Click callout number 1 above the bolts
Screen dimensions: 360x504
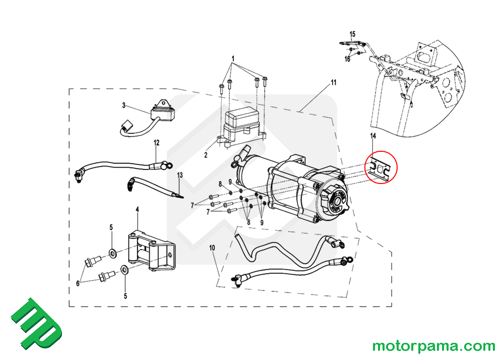pos(233,59)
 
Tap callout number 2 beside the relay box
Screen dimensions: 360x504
pos(206,155)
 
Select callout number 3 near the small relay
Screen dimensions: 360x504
pos(123,105)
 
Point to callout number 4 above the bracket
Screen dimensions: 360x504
pos(137,209)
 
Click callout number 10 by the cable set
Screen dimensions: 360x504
pos(212,248)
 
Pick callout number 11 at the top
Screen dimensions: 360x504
pos(333,82)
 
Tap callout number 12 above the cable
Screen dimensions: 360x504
pos(156,143)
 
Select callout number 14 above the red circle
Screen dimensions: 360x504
pos(373,137)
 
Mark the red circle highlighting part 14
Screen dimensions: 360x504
pos(381,167)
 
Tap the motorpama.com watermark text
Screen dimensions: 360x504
pos(433,346)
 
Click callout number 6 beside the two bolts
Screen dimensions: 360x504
pos(78,283)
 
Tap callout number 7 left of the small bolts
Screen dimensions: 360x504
pos(192,206)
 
